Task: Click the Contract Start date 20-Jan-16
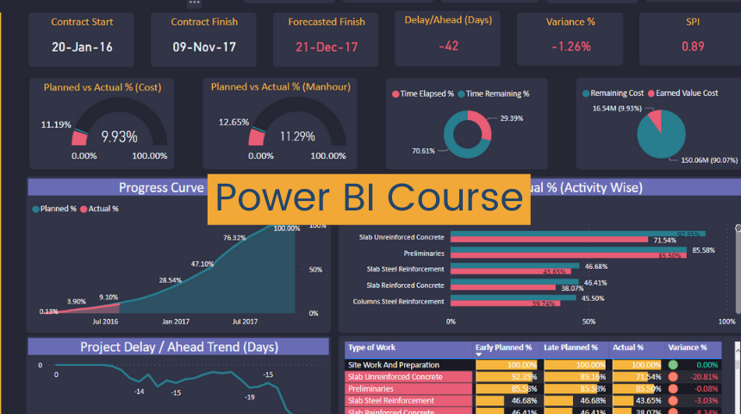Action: pos(82,47)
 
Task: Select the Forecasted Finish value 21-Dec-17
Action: pos(327,47)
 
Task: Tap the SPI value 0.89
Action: pos(693,47)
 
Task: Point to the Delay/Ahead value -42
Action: pos(448,46)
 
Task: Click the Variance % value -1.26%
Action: pos(570,47)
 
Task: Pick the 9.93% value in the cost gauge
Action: pos(119,136)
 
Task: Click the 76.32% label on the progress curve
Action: pos(235,237)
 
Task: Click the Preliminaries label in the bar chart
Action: pos(424,254)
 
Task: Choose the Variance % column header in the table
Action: pos(688,348)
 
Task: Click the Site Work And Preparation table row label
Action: pos(393,365)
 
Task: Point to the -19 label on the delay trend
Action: pos(250,398)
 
